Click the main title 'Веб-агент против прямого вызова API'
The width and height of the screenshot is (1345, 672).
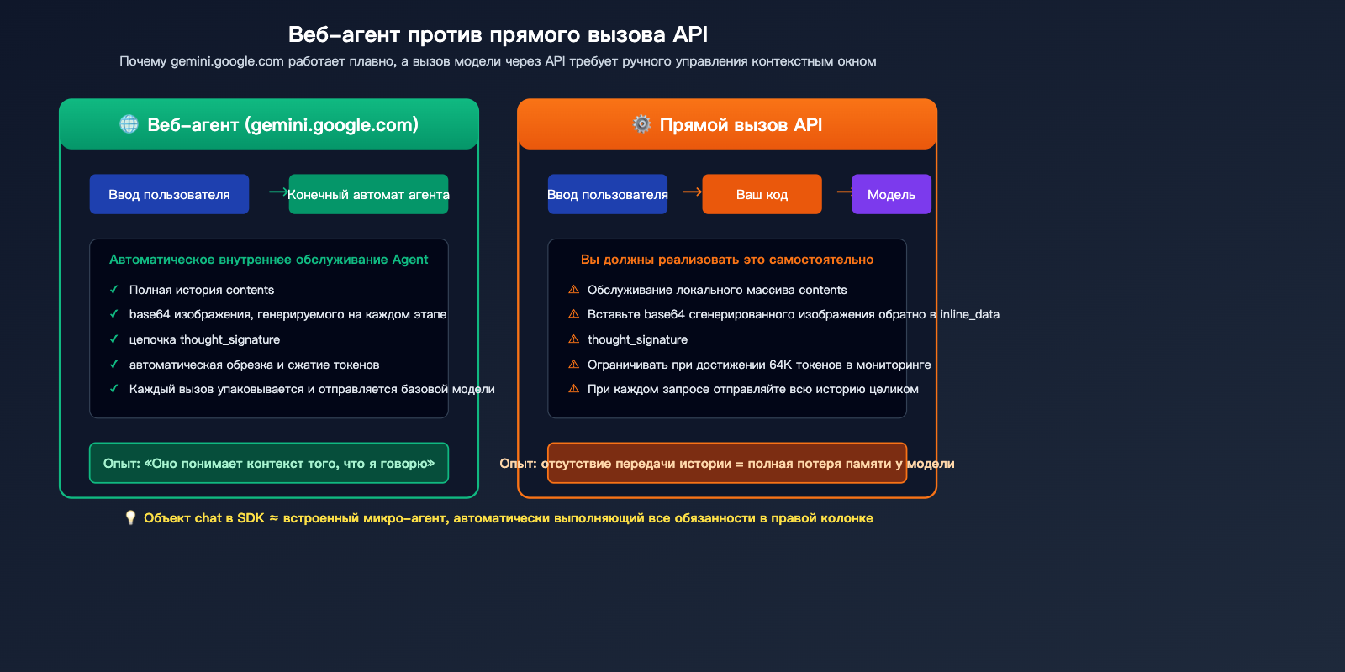(x=498, y=34)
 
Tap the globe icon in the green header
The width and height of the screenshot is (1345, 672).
(x=129, y=124)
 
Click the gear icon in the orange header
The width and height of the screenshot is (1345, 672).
(x=642, y=124)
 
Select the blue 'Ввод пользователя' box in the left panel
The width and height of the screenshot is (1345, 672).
(x=169, y=194)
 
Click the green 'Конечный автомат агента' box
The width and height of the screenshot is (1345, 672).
(x=368, y=194)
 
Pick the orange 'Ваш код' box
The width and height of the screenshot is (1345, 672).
(x=762, y=194)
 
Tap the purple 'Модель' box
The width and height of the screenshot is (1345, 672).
(x=891, y=194)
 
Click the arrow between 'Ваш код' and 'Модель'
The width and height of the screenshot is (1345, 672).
(x=844, y=192)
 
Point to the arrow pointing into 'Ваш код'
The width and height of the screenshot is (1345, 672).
(x=692, y=192)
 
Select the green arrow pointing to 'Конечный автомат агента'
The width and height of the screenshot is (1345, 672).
(x=278, y=192)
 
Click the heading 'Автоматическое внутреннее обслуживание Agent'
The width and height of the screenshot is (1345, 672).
(x=268, y=260)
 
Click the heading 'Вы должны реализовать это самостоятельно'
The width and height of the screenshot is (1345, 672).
(x=726, y=260)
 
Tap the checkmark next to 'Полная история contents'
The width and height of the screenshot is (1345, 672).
(x=113, y=290)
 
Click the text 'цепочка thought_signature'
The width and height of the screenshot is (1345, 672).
(x=204, y=339)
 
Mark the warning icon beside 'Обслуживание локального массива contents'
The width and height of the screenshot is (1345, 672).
(x=573, y=290)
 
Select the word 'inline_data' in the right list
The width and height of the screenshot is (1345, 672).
(x=969, y=314)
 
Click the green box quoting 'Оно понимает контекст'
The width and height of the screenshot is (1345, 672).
(x=268, y=463)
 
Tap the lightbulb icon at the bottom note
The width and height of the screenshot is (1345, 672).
(x=130, y=517)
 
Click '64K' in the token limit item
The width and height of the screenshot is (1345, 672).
(x=781, y=365)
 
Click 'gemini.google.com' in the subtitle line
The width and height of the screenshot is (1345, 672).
(x=227, y=61)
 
